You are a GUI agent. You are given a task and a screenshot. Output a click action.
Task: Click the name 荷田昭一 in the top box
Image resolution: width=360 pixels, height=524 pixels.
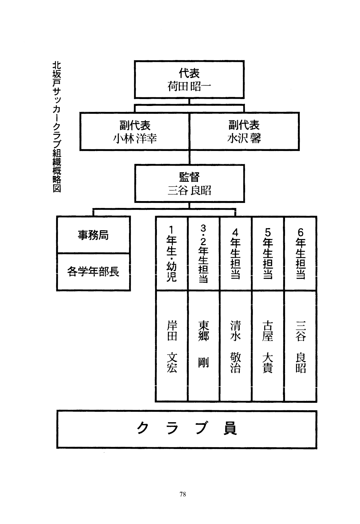pyautogui.click(x=189, y=87)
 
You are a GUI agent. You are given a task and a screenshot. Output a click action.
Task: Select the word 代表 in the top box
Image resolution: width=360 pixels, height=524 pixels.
pyautogui.click(x=189, y=73)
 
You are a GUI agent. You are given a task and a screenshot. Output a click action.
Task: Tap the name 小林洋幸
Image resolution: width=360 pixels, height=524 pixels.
pyautogui.click(x=135, y=139)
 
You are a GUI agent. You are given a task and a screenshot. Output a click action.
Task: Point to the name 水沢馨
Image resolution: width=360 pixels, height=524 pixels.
pyautogui.click(x=244, y=139)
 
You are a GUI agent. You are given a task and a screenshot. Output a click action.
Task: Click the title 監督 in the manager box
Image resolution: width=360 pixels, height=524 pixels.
pyautogui.click(x=189, y=177)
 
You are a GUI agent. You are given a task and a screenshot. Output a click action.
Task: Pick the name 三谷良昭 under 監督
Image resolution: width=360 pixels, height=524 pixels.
pyautogui.click(x=189, y=190)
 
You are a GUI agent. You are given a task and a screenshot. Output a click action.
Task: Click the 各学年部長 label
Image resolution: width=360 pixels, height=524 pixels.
pyautogui.click(x=93, y=272)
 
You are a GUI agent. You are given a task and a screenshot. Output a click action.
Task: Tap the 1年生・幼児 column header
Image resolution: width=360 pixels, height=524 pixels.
pyautogui.click(x=172, y=254)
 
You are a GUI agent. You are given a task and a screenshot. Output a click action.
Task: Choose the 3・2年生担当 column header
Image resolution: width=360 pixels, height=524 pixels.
pyautogui.click(x=203, y=254)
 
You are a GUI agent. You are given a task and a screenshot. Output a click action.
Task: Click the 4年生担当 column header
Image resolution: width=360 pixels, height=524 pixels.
pyautogui.click(x=235, y=254)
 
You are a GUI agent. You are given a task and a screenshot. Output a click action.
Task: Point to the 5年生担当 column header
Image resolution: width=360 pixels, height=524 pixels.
pyautogui.click(x=268, y=254)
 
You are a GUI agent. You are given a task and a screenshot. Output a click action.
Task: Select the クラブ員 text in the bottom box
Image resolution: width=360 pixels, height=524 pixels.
pyautogui.click(x=187, y=429)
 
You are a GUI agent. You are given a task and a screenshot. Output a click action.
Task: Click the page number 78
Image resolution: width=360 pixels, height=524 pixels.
pyautogui.click(x=183, y=494)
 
